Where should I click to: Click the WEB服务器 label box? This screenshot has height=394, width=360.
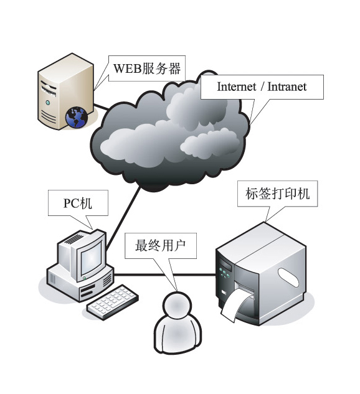147,68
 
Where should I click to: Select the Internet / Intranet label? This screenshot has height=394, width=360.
262,87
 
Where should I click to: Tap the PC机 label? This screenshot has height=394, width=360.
78,203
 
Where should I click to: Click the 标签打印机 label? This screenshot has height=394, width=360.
278,194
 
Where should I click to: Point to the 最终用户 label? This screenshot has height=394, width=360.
161,245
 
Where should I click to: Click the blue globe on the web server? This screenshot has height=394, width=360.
77,118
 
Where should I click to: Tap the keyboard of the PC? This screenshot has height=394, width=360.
112,302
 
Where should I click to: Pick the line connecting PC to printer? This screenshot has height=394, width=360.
164,274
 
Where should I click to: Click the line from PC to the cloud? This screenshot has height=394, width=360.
123,218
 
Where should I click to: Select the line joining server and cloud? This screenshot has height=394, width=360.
102,106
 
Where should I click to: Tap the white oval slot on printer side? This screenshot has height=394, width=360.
288,277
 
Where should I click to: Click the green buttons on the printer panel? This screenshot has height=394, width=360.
224,273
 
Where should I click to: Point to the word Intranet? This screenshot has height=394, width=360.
287,87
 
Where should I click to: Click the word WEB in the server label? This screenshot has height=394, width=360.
128,68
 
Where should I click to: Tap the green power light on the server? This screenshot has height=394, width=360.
48,102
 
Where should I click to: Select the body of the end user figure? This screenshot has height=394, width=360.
178,333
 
